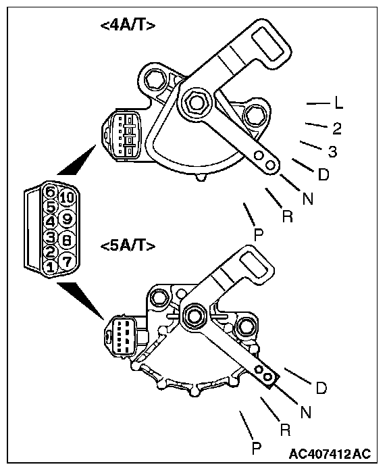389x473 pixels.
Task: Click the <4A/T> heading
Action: (128, 26)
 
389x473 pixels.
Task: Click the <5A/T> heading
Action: (128, 246)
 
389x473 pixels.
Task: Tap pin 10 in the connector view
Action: (67, 197)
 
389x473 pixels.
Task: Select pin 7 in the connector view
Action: (67, 261)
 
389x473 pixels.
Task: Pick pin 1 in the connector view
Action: (51, 267)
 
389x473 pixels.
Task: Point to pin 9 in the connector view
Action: (67, 218)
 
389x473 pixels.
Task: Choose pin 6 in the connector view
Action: (51, 192)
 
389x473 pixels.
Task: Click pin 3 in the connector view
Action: (51, 236)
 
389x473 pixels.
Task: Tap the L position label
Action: (339, 103)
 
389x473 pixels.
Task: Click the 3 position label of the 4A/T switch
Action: (332, 152)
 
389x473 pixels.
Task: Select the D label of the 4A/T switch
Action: (323, 174)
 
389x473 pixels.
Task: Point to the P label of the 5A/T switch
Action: (257, 448)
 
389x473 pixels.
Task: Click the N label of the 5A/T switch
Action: (306, 412)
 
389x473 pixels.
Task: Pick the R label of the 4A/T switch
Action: (288, 216)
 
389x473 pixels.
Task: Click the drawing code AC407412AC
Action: (330, 453)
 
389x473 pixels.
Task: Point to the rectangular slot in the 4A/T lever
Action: (268, 45)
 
